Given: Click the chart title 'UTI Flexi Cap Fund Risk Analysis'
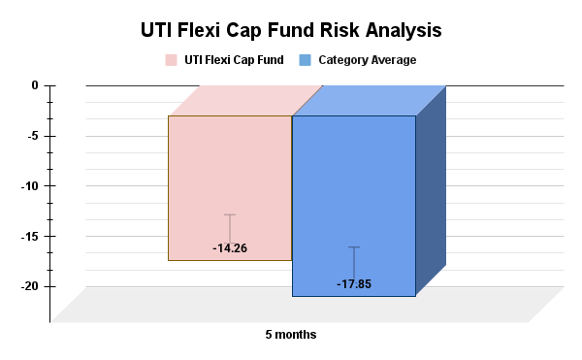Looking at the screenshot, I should point(291,30).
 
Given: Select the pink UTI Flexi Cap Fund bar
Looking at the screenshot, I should point(230,175).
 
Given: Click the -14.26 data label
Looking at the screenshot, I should point(230,248).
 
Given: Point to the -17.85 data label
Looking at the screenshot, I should point(354,284).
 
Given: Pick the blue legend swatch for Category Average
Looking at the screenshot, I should point(306,60).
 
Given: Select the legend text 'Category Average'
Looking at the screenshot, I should point(367,60).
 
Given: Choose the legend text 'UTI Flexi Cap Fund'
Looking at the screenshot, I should point(233,60).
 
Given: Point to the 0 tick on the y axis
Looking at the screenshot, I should point(35,85).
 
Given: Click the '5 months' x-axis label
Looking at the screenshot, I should point(291,335).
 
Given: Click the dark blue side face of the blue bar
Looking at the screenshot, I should point(431,189).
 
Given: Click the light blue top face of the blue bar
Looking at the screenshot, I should point(369,101).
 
